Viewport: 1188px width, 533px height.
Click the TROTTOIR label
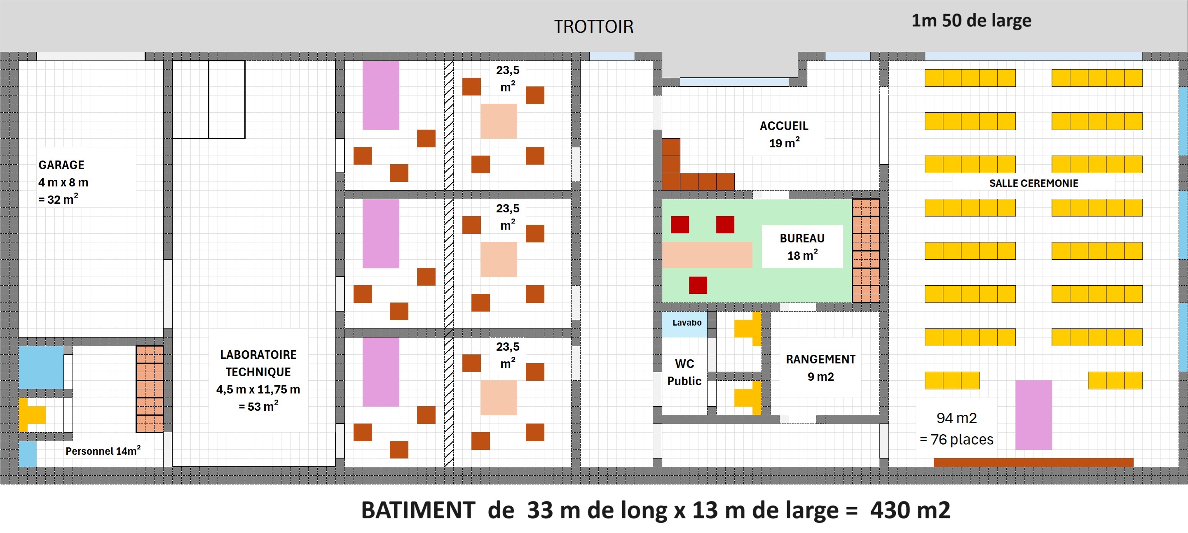(593, 27)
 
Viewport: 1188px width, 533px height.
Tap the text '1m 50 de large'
(971, 21)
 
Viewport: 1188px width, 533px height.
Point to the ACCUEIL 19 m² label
(784, 135)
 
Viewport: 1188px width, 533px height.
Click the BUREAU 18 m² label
(802, 247)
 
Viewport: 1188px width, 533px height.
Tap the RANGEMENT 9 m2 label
(821, 368)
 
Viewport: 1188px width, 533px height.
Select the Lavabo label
(687, 322)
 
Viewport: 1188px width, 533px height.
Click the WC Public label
(684, 372)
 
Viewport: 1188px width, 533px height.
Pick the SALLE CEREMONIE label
(1033, 183)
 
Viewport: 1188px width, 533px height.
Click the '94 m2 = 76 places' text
(956, 429)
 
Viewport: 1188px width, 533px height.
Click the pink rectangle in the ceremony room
(1033, 415)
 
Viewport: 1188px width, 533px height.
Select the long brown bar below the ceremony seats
(1033, 462)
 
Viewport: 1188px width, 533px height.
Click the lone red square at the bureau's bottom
(698, 285)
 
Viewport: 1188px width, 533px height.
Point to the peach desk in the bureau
(708, 255)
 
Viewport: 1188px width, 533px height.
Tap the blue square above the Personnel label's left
(41, 368)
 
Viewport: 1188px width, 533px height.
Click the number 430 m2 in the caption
(910, 510)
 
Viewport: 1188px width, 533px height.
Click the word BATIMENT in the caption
(418, 510)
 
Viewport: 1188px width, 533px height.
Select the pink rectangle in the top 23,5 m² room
(380, 95)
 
